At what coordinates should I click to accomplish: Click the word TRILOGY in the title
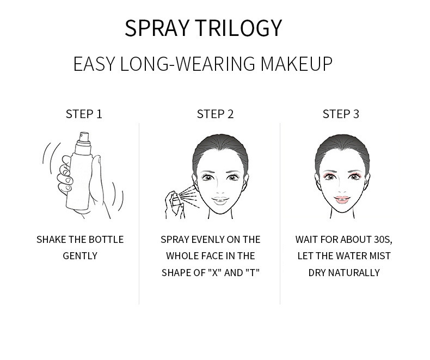coord(244,28)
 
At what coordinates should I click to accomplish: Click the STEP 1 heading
coord(84,114)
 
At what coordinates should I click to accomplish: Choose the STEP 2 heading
coord(215,114)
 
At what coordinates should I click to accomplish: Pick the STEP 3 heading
coord(341,114)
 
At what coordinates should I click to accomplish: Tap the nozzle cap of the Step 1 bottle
coord(81,137)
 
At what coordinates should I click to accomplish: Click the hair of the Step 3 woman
coord(341,147)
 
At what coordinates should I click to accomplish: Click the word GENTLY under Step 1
coord(80,255)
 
